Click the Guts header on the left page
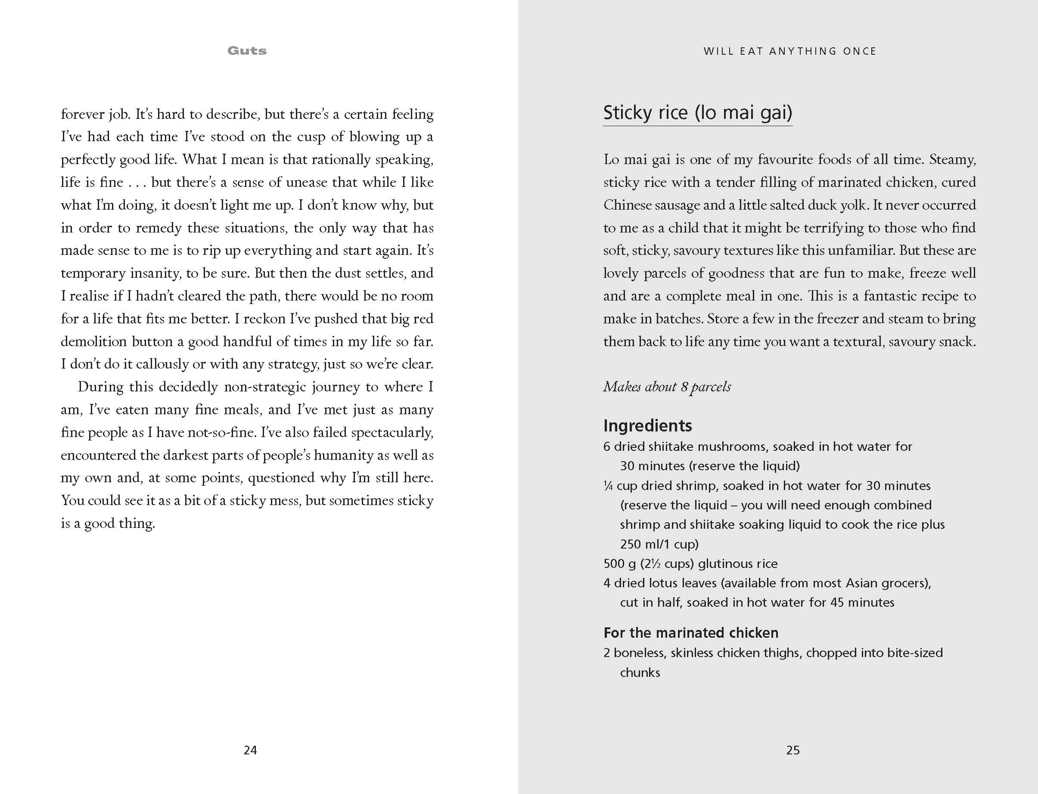coord(247,51)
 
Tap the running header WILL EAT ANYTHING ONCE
coord(790,51)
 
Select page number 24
coord(250,750)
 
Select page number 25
coord(792,750)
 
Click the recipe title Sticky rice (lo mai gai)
coord(697,113)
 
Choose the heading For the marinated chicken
coord(690,633)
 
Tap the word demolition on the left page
coord(93,341)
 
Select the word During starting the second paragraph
coord(100,387)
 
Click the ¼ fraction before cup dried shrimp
coord(608,485)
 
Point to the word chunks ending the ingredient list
coord(640,672)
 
